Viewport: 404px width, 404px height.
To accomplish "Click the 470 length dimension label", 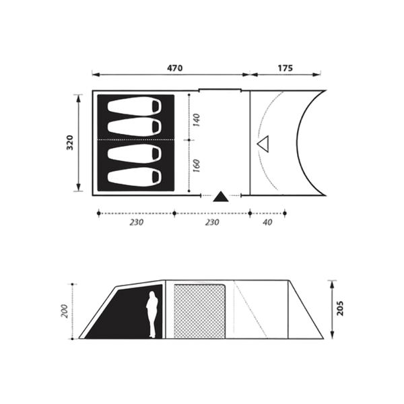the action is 174,68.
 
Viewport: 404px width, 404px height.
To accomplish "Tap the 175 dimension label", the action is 285,68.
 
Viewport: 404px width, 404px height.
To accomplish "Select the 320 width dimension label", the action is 70,143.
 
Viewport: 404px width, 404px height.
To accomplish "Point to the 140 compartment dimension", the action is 196,120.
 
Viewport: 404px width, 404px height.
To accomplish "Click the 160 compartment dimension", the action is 196,166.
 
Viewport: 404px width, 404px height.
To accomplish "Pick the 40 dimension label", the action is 268,222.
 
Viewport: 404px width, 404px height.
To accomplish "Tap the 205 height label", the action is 340,308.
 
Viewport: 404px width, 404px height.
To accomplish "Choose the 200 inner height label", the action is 65,311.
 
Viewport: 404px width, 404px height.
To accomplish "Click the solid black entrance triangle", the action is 221,197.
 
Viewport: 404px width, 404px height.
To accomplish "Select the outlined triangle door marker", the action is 264,144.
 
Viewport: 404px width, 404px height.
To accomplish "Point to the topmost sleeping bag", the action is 135,106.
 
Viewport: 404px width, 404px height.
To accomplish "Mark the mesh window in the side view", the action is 199,311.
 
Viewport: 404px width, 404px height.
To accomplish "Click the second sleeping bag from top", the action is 135,127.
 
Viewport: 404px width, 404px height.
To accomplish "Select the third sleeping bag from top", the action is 135,154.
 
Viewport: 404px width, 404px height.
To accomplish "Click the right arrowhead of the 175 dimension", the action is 316,75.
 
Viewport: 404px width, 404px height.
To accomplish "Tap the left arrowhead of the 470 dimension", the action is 96,75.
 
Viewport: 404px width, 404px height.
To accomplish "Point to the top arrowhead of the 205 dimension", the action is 333,284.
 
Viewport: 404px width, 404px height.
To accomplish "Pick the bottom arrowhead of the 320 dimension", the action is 79,187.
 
